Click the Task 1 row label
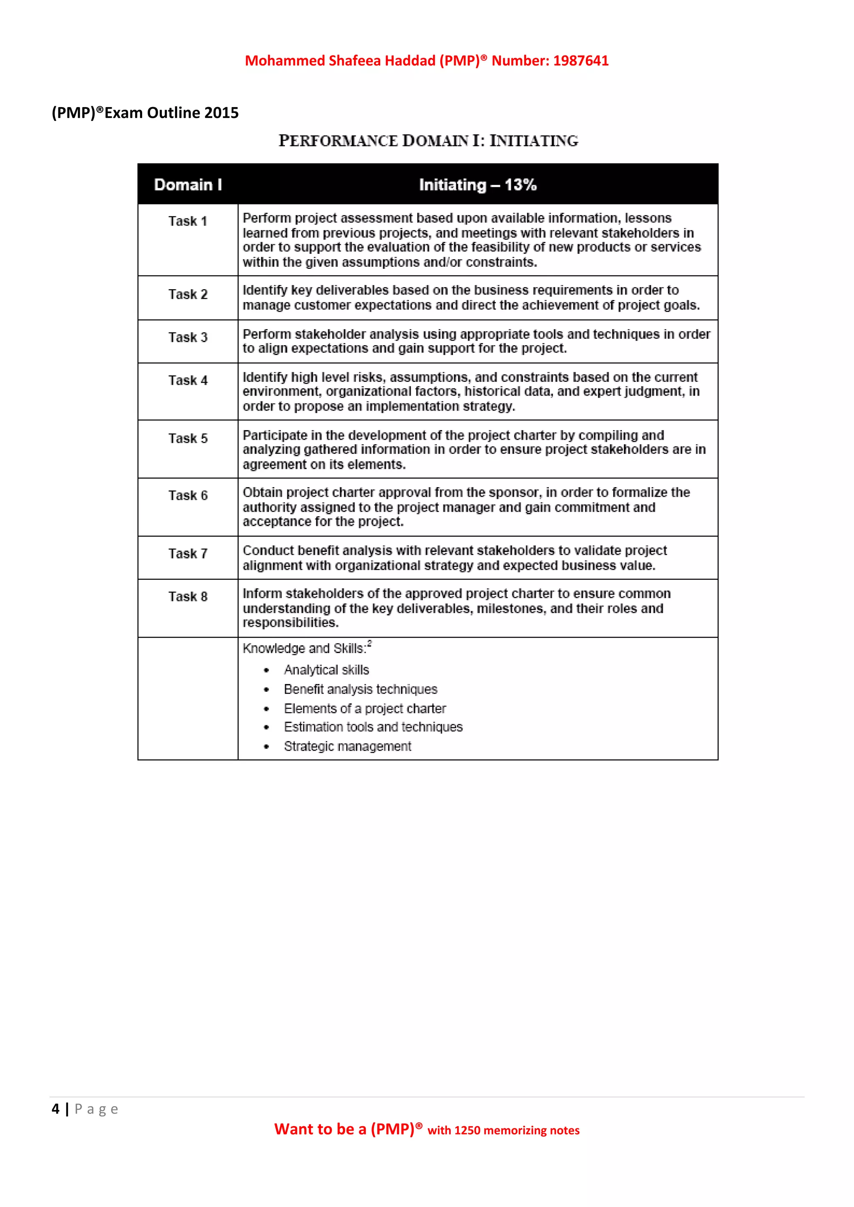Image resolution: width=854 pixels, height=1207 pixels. click(x=188, y=221)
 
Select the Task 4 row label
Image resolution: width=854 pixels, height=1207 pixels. click(x=188, y=380)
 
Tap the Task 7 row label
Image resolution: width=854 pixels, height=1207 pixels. click(x=188, y=553)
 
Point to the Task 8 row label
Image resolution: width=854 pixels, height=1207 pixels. click(x=188, y=597)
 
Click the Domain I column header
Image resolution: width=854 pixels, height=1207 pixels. click(x=188, y=185)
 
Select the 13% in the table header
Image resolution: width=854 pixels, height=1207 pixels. click(x=520, y=185)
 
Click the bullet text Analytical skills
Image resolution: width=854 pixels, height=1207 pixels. click(x=326, y=670)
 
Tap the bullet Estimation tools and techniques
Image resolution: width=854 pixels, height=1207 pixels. click(x=373, y=727)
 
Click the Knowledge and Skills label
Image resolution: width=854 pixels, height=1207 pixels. click(x=304, y=649)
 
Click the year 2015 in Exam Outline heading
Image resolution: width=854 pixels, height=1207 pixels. click(x=221, y=113)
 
